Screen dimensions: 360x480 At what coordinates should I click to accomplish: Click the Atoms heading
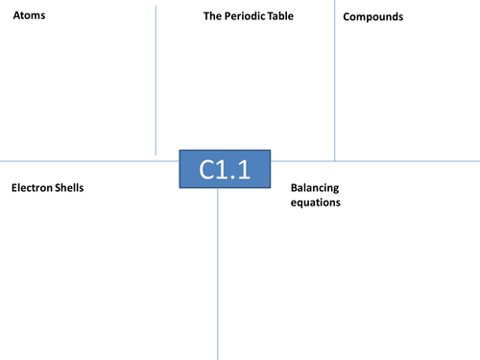coord(30,16)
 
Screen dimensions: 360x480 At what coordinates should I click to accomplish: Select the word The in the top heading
coord(213,16)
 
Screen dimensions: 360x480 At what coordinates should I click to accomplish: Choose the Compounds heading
coord(373,16)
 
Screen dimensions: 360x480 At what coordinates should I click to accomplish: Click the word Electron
coord(33,188)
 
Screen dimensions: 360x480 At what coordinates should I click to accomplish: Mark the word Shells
coord(70,188)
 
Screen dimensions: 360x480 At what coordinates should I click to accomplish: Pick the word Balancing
coord(315,189)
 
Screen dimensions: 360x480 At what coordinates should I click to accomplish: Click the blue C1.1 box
coord(226,169)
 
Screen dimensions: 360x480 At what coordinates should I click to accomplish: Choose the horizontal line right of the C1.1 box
coord(374,160)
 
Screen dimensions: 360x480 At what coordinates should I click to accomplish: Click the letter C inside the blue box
coord(207,170)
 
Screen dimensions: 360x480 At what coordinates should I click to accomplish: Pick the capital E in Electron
coord(14,188)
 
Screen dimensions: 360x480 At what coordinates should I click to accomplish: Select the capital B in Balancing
coord(295,189)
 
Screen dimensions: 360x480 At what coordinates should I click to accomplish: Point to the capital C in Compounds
coord(348,16)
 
